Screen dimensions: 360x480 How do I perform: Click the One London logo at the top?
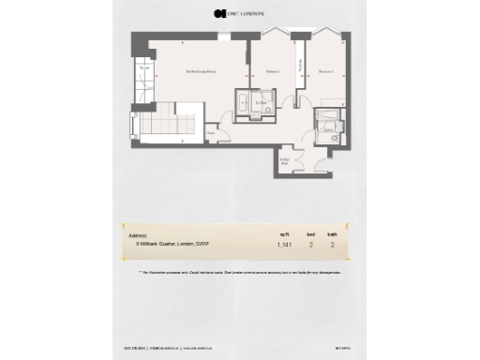239,14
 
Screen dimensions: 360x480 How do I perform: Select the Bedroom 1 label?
273,71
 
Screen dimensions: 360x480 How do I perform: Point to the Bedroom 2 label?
325,71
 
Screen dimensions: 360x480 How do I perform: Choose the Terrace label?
144,69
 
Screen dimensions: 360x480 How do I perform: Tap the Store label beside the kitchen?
213,132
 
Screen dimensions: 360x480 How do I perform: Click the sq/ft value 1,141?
284,246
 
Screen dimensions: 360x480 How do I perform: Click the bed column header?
309,235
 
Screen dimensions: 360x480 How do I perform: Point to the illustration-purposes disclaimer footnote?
239,271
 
